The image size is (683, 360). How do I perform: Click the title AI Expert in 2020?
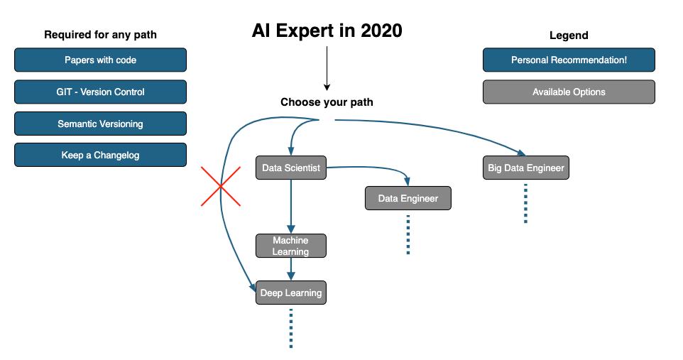point(327,31)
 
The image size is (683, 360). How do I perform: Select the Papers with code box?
point(100,60)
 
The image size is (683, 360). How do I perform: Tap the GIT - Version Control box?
point(100,92)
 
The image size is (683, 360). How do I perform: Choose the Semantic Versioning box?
point(100,124)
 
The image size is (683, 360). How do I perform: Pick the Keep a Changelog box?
point(100,155)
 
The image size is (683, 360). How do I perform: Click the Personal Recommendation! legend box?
point(569,60)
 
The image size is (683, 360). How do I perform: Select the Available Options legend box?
point(569,92)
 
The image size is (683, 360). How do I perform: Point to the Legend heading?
point(569,36)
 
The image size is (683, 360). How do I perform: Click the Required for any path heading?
point(100,35)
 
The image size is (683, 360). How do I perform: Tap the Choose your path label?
point(327,102)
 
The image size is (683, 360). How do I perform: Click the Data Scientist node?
point(291,168)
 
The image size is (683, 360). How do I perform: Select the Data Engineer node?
point(408,198)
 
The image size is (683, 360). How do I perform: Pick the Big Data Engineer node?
point(525,168)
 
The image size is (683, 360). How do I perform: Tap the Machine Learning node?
point(291,246)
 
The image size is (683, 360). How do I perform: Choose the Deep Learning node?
point(291,293)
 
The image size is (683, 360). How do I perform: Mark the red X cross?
point(221,186)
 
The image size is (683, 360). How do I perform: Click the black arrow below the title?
point(327,67)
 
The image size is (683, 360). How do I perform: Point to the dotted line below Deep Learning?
point(291,328)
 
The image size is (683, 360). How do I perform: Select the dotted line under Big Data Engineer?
point(525,203)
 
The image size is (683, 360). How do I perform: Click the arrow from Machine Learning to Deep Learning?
point(291,269)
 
